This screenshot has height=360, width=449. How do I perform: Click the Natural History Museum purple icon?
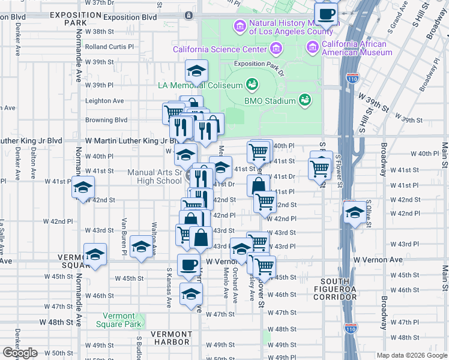[240, 26]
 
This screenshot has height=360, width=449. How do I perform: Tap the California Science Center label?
[220, 49]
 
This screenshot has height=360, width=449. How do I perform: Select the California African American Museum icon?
[313, 47]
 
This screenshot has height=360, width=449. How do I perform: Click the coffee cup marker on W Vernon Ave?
[189, 265]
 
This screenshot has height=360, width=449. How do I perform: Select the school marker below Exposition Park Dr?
[196, 71]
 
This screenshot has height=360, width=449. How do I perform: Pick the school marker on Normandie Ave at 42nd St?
[83, 188]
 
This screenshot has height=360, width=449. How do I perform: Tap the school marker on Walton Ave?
[142, 247]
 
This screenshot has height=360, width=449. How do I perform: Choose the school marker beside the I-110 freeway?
[355, 213]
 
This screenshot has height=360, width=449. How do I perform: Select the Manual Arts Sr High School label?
[155, 176]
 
